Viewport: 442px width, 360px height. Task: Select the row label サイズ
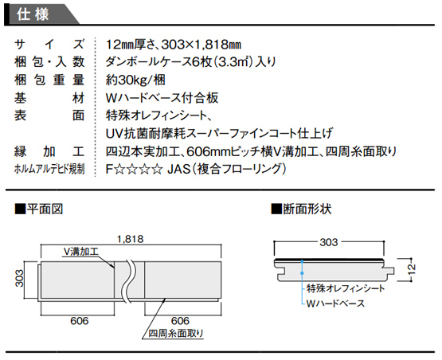[x=49, y=45]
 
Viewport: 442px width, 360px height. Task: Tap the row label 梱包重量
[x=49, y=80]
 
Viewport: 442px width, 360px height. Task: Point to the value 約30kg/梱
[x=135, y=80]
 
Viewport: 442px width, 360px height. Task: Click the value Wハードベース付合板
[x=162, y=98]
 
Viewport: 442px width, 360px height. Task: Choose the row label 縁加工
[x=49, y=151]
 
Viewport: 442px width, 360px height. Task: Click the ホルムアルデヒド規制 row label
[x=49, y=169]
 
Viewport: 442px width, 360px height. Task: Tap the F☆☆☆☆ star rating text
[x=134, y=170]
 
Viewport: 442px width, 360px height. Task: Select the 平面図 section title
[x=39, y=209]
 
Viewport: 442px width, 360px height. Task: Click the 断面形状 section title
[x=301, y=209]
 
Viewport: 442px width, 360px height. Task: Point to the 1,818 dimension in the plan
[x=131, y=240]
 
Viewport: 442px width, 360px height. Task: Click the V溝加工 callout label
[x=80, y=251]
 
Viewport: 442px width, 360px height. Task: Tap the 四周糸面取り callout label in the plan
[x=176, y=334]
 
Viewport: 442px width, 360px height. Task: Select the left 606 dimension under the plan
[x=80, y=321]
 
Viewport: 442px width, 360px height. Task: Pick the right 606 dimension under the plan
[x=181, y=321]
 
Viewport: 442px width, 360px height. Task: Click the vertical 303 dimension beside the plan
[x=19, y=279]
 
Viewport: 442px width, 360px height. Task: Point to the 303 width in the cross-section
[x=329, y=242]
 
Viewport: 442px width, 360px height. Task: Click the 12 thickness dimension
[x=412, y=269]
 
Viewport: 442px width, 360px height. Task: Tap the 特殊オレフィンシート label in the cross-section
[x=346, y=288]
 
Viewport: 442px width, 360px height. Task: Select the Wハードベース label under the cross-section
[x=335, y=303]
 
